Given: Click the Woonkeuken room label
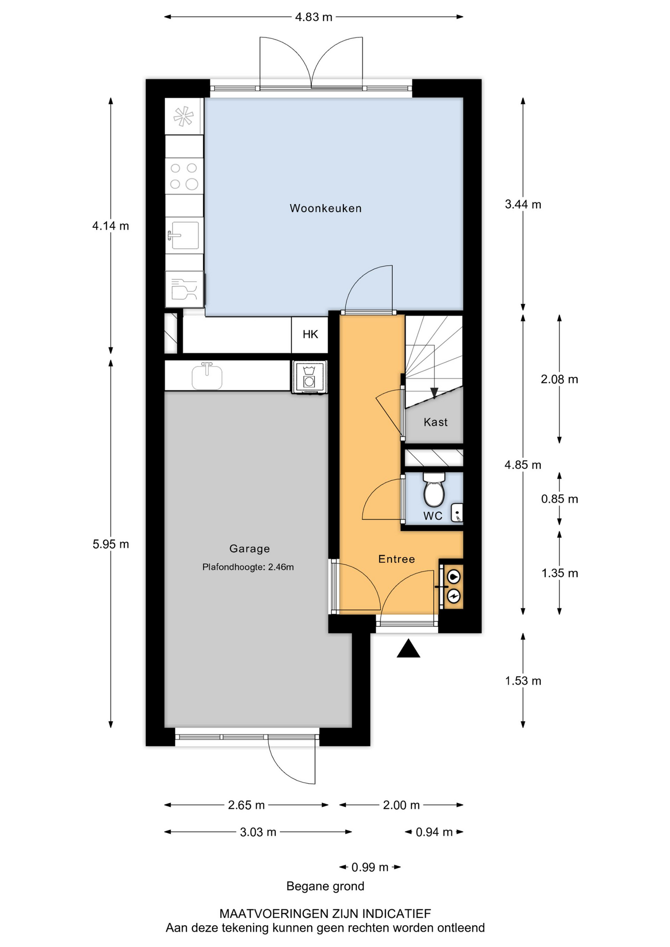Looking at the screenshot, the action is coord(326,208).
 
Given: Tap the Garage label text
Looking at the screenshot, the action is coord(250,548).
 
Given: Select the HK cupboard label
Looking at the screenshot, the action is coord(310,334).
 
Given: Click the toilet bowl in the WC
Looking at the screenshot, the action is coord(434,490).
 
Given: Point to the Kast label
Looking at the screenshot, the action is coord(436,422).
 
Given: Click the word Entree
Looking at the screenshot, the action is coord(397,559).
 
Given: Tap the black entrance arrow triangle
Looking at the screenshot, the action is coord(409,649).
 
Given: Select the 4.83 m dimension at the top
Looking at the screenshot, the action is coord(314,17).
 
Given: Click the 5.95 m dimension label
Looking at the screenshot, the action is coord(111,544).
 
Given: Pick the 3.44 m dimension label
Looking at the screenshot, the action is coord(523,204).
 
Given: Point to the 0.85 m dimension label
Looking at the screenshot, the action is coord(559,499).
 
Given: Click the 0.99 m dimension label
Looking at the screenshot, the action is coord(370,867).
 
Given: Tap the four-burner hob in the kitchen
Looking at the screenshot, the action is coord(184,176).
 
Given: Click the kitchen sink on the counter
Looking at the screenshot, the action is coord(184,235).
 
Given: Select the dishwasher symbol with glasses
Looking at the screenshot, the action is coord(185,289).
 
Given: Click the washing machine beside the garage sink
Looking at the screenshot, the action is coord(309,377).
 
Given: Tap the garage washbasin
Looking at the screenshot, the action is coord(207,376).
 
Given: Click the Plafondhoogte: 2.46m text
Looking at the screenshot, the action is coord(248,567).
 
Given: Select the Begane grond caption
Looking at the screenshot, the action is coord(326,886).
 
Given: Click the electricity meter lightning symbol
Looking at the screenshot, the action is coord(453,596).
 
